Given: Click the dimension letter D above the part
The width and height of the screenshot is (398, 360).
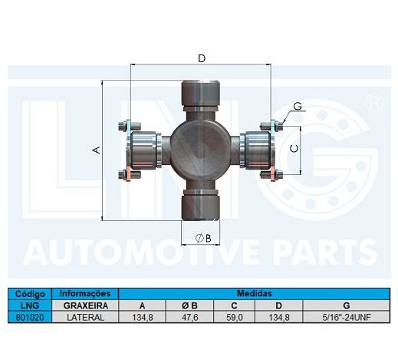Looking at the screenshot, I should (201, 58).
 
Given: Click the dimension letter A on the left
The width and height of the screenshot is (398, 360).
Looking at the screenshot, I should (97, 150).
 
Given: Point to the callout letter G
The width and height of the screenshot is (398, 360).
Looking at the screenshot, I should (297, 107).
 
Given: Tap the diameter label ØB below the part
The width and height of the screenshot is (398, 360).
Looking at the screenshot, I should (202, 237).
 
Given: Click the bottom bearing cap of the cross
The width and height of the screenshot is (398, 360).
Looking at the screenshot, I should (200, 203).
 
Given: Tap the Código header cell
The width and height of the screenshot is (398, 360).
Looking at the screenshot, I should (28, 293).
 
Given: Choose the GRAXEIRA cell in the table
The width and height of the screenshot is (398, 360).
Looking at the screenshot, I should (84, 305).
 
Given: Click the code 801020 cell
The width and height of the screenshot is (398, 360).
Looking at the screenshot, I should (28, 316).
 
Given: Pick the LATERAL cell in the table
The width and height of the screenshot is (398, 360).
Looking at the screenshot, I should (84, 316).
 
